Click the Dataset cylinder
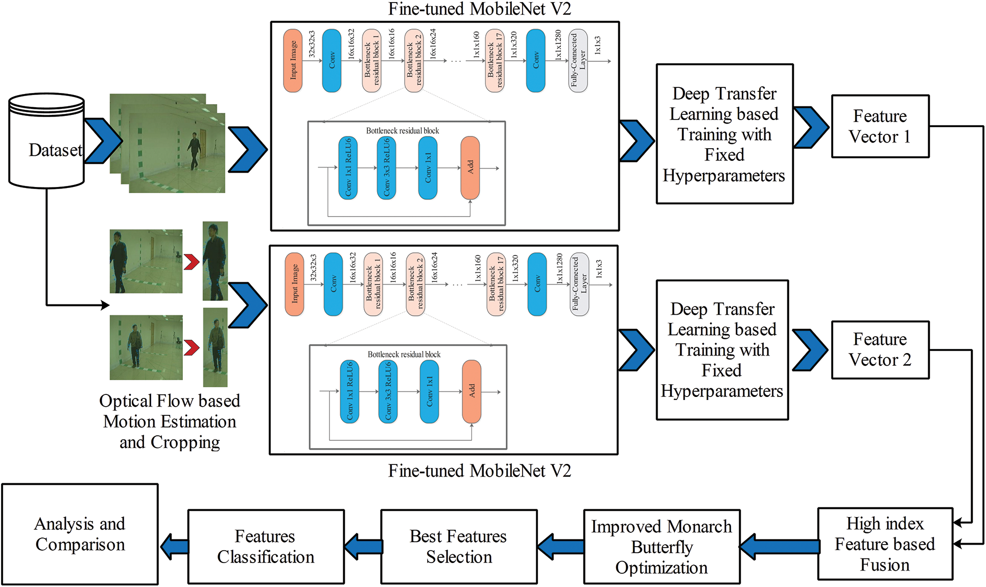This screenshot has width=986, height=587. pos(46,141)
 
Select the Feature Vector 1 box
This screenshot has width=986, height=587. pos(880,126)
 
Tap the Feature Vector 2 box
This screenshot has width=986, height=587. pos(880,350)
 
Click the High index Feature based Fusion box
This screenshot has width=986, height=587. pos(885,544)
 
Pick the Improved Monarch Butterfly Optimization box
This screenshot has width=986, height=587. pos(662,547)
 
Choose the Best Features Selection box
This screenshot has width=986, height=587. pos(459,547)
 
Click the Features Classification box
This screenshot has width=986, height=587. pos(266,547)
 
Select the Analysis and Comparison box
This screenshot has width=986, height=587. pos(80,534)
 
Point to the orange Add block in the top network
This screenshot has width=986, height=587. pos(470,168)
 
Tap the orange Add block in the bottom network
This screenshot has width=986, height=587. pos(472,392)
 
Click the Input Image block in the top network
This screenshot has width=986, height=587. pos(293,60)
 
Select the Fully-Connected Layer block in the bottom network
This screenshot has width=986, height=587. pos(579,285)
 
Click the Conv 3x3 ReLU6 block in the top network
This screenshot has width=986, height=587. pos(386,168)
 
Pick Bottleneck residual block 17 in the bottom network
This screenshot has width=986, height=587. pos(496,285)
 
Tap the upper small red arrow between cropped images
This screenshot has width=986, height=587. pos(192,262)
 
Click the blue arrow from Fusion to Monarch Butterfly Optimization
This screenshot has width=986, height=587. pos(779,547)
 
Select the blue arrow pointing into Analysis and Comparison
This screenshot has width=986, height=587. pos(174,547)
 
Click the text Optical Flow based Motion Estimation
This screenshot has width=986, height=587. pos(170,411)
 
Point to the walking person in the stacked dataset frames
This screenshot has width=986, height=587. pos(194,151)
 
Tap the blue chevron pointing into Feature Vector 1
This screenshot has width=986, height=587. pos(811,127)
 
